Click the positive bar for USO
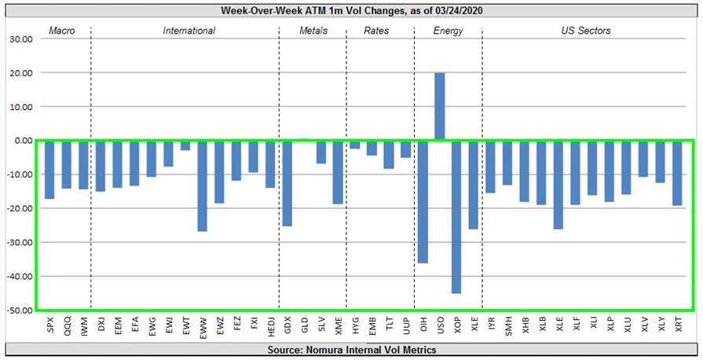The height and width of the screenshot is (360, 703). click(440, 106)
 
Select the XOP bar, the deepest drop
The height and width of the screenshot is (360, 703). click(456, 217)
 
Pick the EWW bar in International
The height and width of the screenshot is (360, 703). click(202, 186)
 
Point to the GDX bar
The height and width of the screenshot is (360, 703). click(287, 183)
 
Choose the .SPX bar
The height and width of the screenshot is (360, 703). click(49, 169)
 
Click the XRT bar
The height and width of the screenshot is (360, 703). click(677, 173)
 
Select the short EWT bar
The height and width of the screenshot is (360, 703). click(185, 145)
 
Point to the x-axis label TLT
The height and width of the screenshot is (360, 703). click(389, 325)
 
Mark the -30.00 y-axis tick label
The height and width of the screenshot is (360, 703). click(17, 242)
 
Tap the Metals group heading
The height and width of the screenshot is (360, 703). click(313, 31)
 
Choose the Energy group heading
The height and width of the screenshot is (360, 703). click(448, 31)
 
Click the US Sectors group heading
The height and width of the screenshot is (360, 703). click(586, 31)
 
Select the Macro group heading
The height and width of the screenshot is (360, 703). click(61, 31)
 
